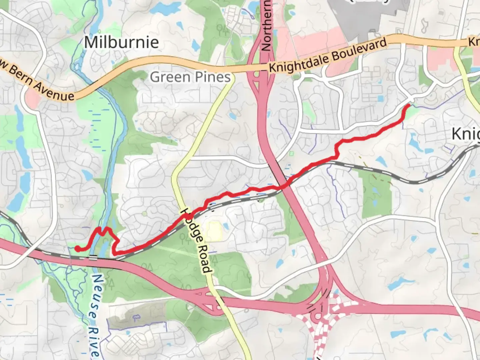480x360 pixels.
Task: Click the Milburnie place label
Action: [121, 42]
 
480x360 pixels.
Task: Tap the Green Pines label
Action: [190, 77]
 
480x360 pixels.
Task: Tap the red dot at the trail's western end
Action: [77, 248]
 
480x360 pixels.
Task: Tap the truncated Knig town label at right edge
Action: [466, 134]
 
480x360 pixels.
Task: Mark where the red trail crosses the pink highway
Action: [283, 187]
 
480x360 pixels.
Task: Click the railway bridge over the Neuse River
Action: [93, 257]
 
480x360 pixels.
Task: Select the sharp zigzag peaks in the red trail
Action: [103, 230]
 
